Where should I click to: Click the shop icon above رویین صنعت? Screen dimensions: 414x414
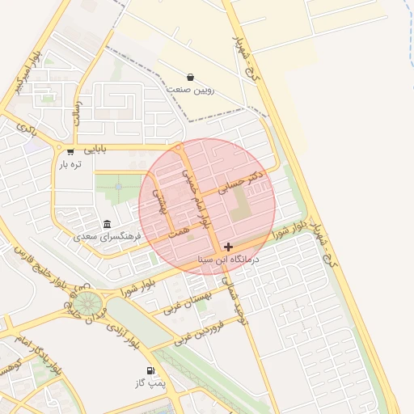[x=190, y=77]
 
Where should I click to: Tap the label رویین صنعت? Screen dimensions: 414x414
[x=190, y=89]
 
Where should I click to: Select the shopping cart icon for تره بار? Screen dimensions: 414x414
[x=70, y=151]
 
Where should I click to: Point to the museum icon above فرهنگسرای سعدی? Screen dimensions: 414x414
[x=107, y=224]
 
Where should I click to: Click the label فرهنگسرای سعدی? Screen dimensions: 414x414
[x=107, y=236]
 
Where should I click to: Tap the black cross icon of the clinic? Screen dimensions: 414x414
[x=228, y=247]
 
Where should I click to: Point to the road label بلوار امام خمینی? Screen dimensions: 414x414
[x=195, y=198]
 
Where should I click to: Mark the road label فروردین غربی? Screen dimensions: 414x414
[x=198, y=332]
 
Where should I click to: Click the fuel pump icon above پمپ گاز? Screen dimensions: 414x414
[x=150, y=370]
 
